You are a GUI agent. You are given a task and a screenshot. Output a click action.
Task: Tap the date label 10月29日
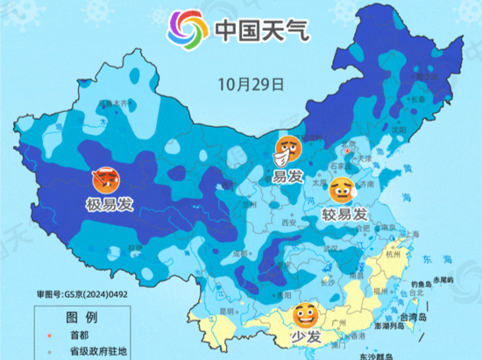(252, 85)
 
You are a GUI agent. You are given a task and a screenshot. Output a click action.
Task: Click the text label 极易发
(109, 206)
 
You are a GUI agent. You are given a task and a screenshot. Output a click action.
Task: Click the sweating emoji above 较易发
(342, 189)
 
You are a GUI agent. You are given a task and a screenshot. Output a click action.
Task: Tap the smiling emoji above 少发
(305, 314)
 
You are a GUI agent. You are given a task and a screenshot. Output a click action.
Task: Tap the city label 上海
(409, 234)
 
